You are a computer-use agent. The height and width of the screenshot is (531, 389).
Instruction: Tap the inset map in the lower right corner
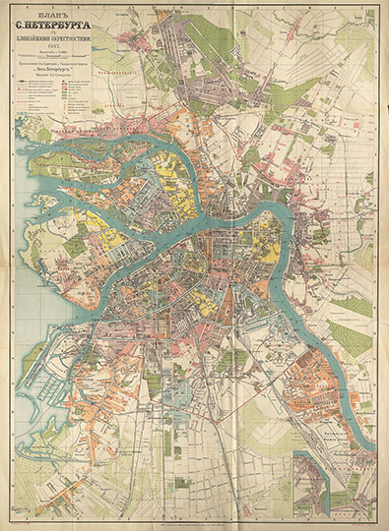pos(335,482)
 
